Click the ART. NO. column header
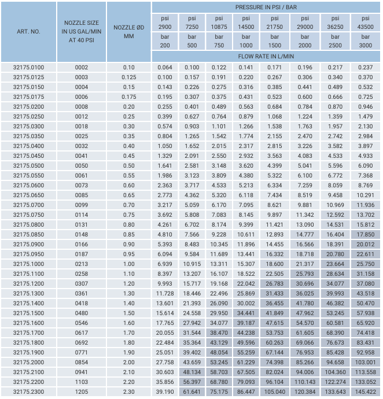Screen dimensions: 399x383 coord(28,31)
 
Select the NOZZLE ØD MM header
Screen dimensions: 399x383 coord(128,31)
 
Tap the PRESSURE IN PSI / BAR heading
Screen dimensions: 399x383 coord(266,7)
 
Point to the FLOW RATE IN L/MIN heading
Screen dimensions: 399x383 coord(266,57)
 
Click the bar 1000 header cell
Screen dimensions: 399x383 coord(246,40)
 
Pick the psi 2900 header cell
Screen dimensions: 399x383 coord(165,23)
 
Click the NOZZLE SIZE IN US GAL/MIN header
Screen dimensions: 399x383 coord(82,31)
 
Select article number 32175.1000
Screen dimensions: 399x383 coord(28,264)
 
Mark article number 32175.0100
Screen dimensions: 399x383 coord(28,67)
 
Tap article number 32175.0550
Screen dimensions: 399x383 coord(28,175)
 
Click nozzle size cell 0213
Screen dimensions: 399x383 coord(82,264)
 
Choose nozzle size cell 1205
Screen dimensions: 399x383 coord(82,391)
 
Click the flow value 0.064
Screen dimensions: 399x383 coord(165,67)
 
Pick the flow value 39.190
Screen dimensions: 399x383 coord(165,391)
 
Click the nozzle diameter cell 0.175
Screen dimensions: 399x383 coord(128,97)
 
